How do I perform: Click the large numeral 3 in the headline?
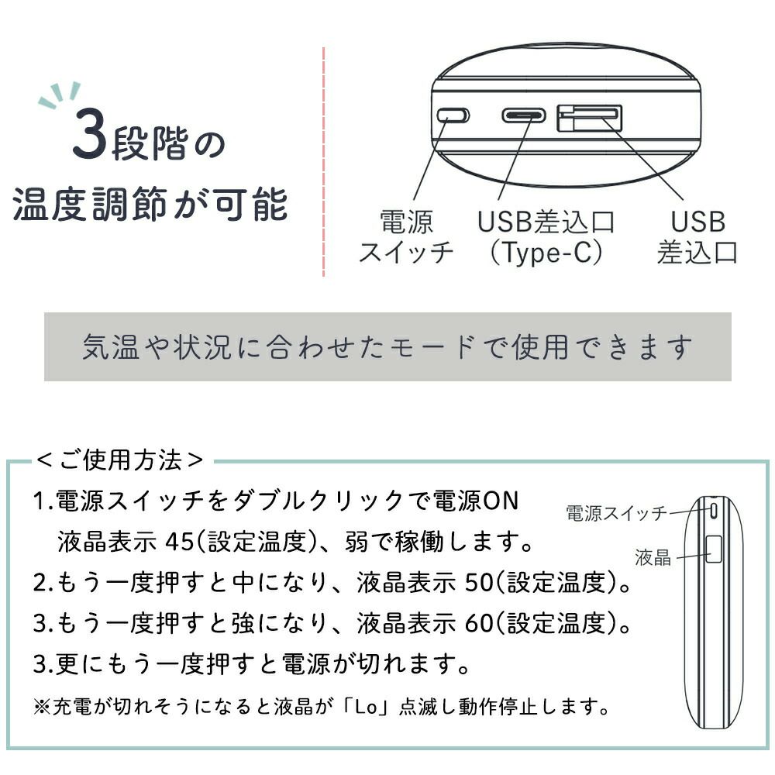point(89,133)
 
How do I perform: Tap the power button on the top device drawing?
point(453,115)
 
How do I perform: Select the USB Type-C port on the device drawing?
point(524,115)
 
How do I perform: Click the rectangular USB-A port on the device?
point(589,118)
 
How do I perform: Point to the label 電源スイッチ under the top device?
point(406,236)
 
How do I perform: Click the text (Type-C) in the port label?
point(546,252)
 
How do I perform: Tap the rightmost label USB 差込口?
point(697,236)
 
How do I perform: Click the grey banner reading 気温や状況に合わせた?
point(387,346)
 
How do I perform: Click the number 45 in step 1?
point(180,542)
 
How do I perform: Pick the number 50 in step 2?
point(479,582)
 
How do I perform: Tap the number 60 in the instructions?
point(479,623)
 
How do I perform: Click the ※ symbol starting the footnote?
point(42,707)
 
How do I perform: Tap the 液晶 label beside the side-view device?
point(653,557)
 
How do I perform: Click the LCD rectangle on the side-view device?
point(713,549)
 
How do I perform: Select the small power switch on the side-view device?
point(713,511)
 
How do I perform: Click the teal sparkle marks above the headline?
point(60,94)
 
